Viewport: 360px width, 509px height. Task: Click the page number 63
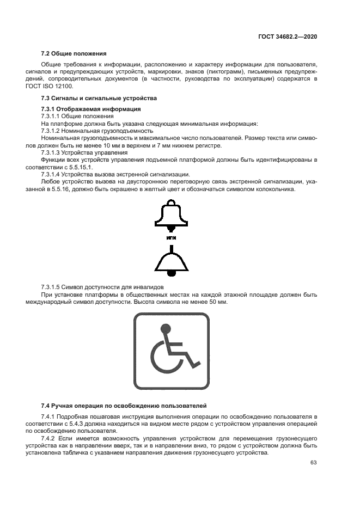point(313,463)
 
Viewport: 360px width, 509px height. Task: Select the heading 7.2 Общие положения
point(74,54)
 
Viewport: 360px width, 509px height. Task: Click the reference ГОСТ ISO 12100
point(60,87)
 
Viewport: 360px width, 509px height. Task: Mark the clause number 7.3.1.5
point(52,287)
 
